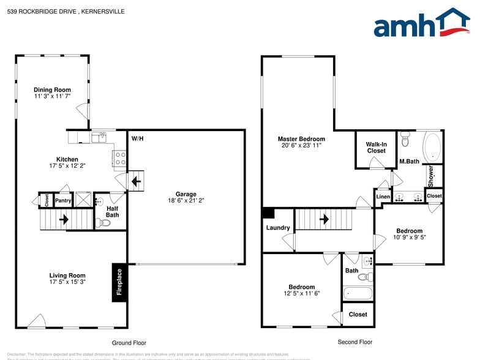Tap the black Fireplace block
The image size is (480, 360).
point(119,282)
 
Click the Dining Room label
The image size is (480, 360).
point(52,90)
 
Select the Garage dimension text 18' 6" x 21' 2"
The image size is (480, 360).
point(186,200)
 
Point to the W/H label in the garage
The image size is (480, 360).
point(137,138)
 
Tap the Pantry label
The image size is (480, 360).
point(63,200)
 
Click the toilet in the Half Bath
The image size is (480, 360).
point(105,223)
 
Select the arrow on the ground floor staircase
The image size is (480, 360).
point(62,219)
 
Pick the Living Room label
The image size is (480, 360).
point(67,276)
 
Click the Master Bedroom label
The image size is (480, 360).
point(301,139)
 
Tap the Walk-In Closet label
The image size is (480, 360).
point(376,148)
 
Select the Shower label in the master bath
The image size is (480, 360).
point(431,176)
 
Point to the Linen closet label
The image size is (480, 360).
point(383,197)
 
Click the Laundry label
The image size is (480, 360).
point(278,228)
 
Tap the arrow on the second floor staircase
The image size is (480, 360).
point(324,219)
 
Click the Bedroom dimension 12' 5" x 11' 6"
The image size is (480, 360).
point(301,293)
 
